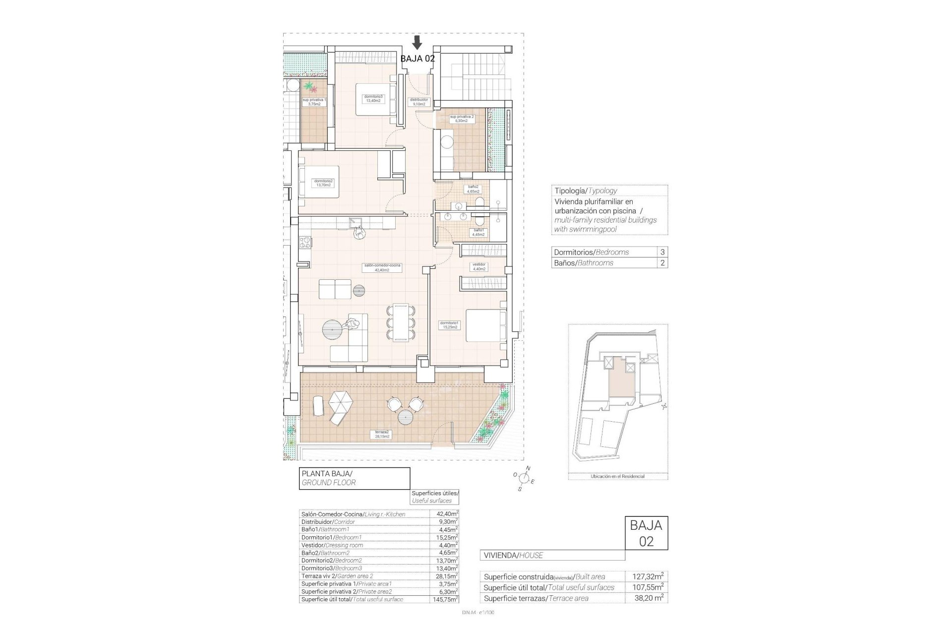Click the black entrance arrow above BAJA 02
[417, 43]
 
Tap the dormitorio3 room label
[372, 98]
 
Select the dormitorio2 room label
[323, 183]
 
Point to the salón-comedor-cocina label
[382, 268]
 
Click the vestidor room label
[478, 266]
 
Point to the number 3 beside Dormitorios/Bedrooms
[662, 252]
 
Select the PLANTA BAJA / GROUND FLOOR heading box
[355, 478]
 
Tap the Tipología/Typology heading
[585, 190]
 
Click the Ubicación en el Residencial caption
[617, 476]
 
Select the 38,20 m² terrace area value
[649, 598]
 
